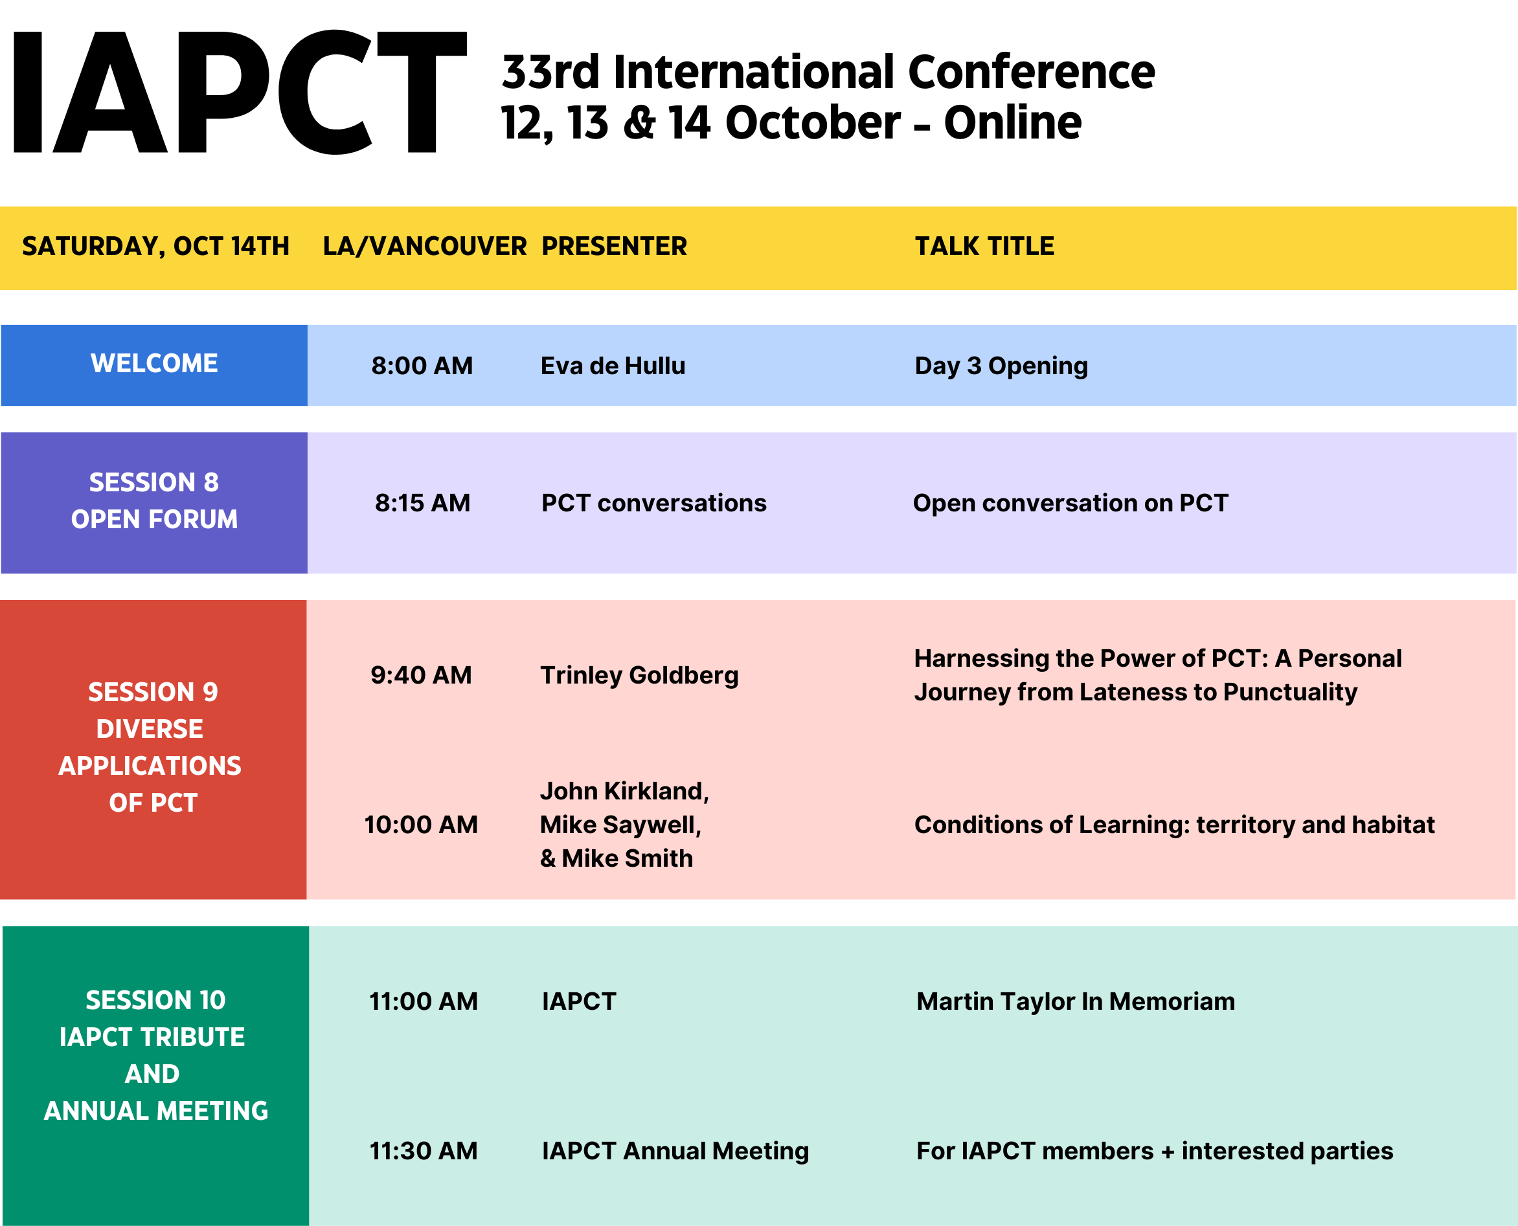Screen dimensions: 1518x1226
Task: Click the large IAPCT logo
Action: (x=240, y=92)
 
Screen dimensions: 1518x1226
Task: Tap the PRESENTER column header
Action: (x=614, y=247)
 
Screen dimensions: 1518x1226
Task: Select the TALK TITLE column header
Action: (x=984, y=247)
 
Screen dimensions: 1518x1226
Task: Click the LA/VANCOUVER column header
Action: (x=425, y=247)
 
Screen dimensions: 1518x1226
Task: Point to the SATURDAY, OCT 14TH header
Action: (x=155, y=247)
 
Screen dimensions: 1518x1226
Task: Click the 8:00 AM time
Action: (x=422, y=366)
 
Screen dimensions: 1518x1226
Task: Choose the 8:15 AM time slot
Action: (x=422, y=503)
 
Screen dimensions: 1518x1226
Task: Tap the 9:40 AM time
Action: (x=421, y=675)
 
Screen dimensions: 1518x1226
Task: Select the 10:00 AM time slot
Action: (x=421, y=825)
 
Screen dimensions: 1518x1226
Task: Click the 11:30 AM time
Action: (x=424, y=1151)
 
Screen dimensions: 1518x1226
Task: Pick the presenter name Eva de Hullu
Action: (x=613, y=366)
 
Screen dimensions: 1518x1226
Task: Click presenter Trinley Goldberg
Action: (x=639, y=676)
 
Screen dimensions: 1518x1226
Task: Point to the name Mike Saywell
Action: (x=620, y=825)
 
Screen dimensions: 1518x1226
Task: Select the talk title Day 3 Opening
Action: (x=1002, y=366)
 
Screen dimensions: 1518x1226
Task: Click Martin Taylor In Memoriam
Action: (x=1076, y=1001)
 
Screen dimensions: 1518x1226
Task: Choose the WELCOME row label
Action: (x=155, y=364)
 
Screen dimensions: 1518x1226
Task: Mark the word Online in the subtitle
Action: (x=1012, y=123)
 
